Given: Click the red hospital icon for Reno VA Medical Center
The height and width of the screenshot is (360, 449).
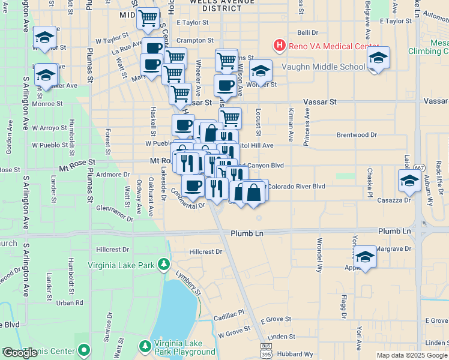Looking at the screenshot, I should [279, 45].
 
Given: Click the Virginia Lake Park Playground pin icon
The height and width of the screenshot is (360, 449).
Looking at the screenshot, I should [145, 346].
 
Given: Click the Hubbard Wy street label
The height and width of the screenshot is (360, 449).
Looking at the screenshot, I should [296, 354].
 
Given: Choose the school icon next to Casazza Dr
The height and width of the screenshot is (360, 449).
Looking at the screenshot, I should [409, 180].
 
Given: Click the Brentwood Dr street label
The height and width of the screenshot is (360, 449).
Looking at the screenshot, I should [357, 135].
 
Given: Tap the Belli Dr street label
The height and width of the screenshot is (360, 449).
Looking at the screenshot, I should [307, 33].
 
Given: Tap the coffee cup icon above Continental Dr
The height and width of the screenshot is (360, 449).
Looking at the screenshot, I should [193, 186].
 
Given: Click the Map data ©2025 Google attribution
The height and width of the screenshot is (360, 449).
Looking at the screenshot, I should [412, 355].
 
